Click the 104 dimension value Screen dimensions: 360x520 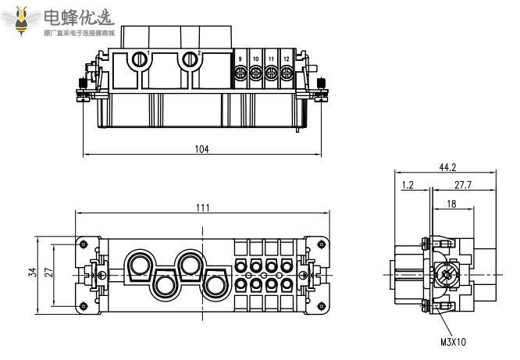pyautogui.click(x=201, y=149)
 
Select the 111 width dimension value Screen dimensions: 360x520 pyautogui.click(x=201, y=207)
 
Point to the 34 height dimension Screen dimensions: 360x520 pyautogui.click(x=32, y=272)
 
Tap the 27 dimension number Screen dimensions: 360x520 pyautogui.click(x=48, y=272)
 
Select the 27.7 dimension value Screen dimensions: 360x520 pyautogui.click(x=463, y=185)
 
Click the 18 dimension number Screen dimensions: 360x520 pyautogui.click(x=451, y=204)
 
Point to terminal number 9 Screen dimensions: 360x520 pyautogui.click(x=240, y=60)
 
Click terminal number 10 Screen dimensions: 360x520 pyautogui.click(x=255, y=60)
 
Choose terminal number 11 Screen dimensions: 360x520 pyautogui.click(x=271, y=60)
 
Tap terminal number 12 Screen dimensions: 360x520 pyautogui.click(x=286, y=60)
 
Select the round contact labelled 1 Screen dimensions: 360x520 pyautogui.click(x=141, y=59)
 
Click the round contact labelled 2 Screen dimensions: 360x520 pyautogui.click(x=189, y=59)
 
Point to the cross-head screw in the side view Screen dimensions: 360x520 pyautogui.click(x=447, y=274)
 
